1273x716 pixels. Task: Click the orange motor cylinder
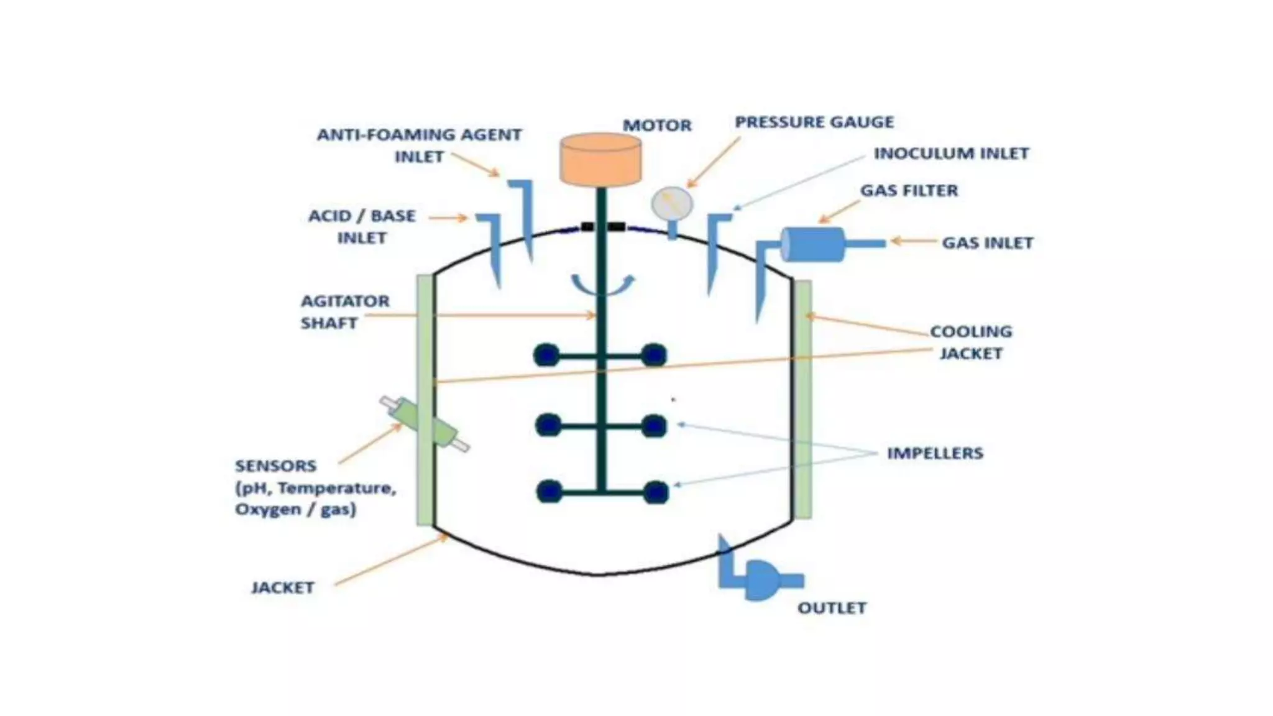tap(600, 160)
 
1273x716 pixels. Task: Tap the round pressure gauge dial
tap(671, 203)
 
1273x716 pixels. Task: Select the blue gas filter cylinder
tap(812, 244)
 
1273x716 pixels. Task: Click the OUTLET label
tap(832, 608)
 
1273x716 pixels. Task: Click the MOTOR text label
tap(657, 126)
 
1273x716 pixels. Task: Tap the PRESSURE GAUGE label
tap(814, 122)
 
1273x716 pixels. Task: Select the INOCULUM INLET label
tap(951, 154)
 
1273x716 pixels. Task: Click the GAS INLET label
tap(987, 243)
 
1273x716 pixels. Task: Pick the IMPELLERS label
tap(935, 453)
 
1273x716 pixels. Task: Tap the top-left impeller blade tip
tap(546, 356)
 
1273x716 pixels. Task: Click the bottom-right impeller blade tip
tap(655, 492)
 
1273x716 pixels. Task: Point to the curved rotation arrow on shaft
tap(602, 286)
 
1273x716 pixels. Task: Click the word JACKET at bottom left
tap(282, 587)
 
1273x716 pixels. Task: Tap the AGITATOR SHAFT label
tap(344, 312)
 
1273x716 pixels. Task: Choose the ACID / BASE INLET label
tap(362, 227)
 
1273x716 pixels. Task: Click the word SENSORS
tap(275, 466)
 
